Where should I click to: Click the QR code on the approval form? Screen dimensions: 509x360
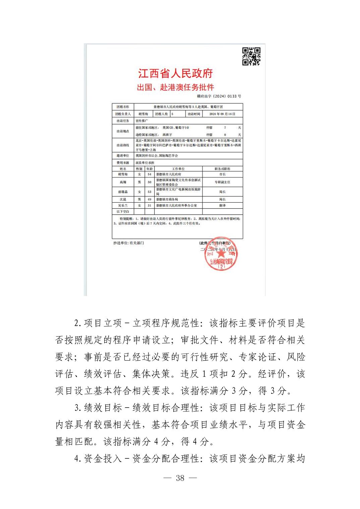pos(251,56)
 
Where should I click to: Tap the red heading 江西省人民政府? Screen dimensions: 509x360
pos(175,73)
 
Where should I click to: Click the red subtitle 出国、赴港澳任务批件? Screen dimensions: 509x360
pos(175,87)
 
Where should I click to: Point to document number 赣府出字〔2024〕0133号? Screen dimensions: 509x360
pos(219,96)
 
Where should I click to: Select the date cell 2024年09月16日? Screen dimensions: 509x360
pos(222,114)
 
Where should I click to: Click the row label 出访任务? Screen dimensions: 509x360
pos(122,121)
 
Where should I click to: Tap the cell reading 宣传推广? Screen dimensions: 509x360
pos(141,121)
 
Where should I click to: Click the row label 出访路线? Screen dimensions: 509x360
pos(122,145)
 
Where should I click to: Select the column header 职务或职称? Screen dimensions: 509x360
pos(222,169)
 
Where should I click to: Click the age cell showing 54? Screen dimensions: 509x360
pos(149,174)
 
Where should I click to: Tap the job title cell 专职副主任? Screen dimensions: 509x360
pos(222,182)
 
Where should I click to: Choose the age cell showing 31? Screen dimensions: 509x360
pos(149,206)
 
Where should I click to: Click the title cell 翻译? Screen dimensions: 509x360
pos(222,206)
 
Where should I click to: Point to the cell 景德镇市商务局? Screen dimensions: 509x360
pos(167,199)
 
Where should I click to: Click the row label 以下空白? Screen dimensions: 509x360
pos(122,212)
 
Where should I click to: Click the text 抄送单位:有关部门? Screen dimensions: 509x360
pos(128,243)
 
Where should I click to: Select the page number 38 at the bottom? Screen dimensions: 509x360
pos(180,478)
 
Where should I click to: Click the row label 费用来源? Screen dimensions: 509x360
pos(122,162)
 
